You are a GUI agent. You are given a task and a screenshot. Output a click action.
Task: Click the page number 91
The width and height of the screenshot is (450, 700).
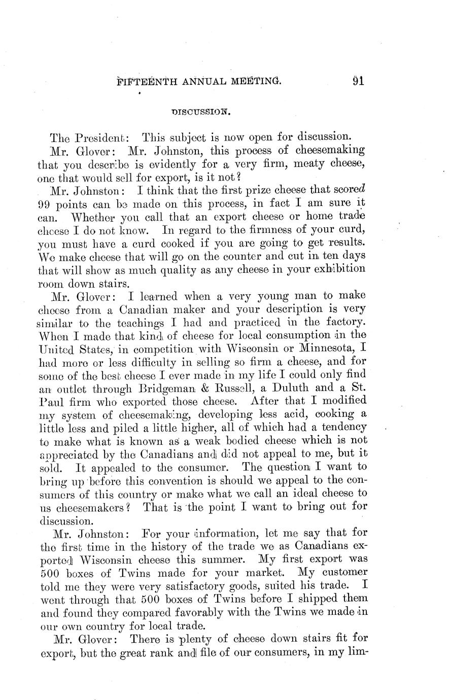[359, 82]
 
